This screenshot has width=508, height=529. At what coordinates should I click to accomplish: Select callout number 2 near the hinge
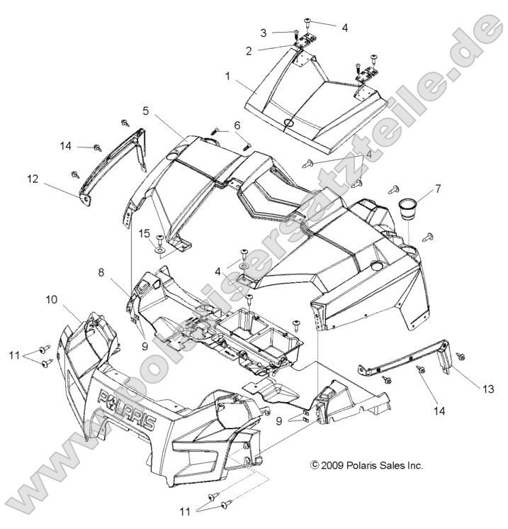coord(249,50)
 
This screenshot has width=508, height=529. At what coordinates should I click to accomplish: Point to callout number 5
coord(145,111)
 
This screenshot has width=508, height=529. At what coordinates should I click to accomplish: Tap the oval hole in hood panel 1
coord(290,123)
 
